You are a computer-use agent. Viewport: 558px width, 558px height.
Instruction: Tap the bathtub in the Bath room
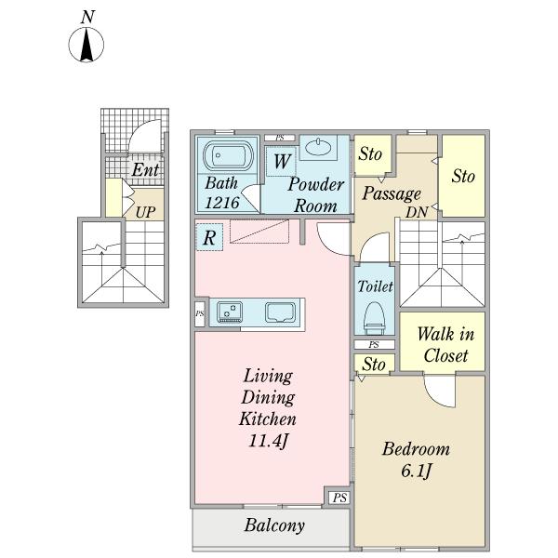click(228, 156)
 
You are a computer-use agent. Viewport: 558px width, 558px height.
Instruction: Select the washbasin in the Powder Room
click(318, 147)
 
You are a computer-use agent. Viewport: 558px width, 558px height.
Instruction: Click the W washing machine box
click(281, 161)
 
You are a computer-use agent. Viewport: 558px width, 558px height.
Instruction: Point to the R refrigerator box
click(209, 237)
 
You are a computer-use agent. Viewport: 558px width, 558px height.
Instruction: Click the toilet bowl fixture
click(375, 318)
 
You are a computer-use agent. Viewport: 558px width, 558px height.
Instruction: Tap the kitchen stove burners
click(230, 312)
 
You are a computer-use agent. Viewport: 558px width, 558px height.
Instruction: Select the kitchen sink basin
click(281, 312)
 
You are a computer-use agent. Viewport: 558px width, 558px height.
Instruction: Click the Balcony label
click(274, 525)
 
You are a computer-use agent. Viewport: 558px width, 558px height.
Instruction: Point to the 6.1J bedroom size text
click(416, 471)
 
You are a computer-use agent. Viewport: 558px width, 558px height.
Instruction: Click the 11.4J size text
click(268, 441)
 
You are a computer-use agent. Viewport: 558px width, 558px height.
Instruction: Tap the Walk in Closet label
click(445, 345)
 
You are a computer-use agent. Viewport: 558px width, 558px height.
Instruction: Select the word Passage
click(392, 194)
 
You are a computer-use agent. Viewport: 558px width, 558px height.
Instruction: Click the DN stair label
click(417, 212)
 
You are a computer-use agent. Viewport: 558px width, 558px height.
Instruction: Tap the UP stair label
click(145, 212)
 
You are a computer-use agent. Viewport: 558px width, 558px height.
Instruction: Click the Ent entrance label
click(145, 170)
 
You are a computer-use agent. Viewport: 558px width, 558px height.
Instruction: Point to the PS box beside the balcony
click(339, 498)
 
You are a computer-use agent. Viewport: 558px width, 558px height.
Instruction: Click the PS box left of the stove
click(200, 314)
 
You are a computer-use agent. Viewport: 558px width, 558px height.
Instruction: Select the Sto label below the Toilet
click(374, 365)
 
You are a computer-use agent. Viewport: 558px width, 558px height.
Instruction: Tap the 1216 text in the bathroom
click(221, 203)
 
